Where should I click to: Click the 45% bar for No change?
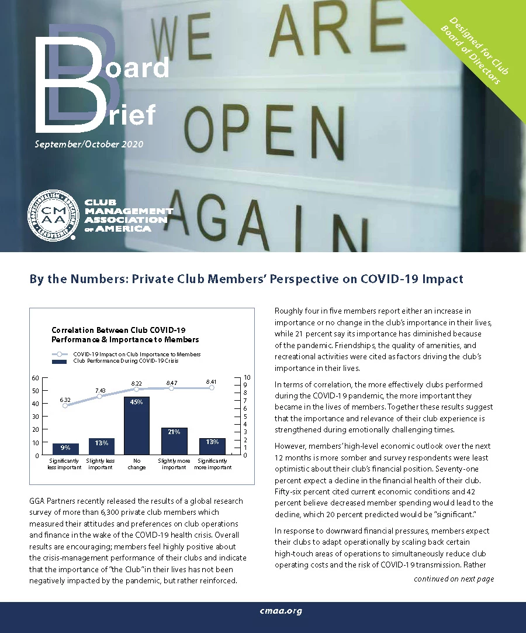pyautogui.click(x=137, y=425)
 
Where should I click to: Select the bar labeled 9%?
pyautogui.click(x=65, y=449)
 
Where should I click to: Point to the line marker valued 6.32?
pyautogui.click(x=65, y=405)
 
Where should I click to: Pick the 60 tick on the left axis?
pyautogui.click(x=36, y=378)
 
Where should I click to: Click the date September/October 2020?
pyautogui.click(x=88, y=144)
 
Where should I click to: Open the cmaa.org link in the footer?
pyautogui.click(x=281, y=611)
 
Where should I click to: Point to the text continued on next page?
pyautogui.click(x=454, y=579)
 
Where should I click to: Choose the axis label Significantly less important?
pyautogui.click(x=65, y=464)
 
